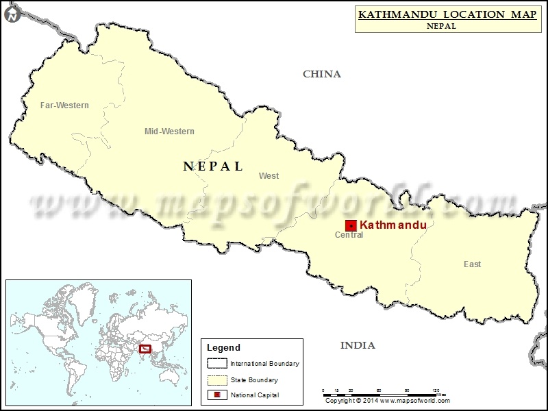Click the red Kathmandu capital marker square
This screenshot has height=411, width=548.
coord(351,225)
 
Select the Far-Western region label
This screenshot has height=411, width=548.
coord(64,105)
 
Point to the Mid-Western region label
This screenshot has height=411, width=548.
coord(169,132)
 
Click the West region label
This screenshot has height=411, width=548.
coord(269,176)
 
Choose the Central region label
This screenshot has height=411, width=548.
coord(349,236)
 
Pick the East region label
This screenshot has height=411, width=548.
coord(472,264)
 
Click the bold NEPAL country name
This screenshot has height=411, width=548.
coord(213,166)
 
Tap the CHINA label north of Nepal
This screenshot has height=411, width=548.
coord(321,74)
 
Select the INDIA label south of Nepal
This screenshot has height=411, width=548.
coord(358,345)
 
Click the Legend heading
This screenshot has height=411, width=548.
coord(225,348)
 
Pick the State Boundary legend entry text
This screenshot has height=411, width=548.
coord(254,379)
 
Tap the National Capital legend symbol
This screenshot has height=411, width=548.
coord(216,395)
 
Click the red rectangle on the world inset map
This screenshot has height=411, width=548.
coord(145,349)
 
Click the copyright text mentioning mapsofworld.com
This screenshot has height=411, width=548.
coord(387,401)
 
